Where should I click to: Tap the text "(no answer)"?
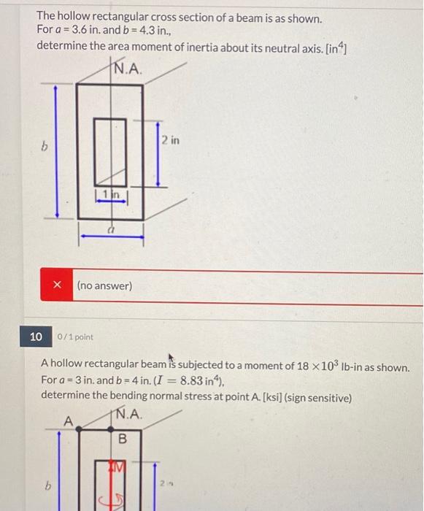pos(104,286)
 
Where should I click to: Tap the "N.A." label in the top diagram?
pos(128,70)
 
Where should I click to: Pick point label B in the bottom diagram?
pos(123,439)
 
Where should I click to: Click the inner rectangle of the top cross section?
pos(112,150)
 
